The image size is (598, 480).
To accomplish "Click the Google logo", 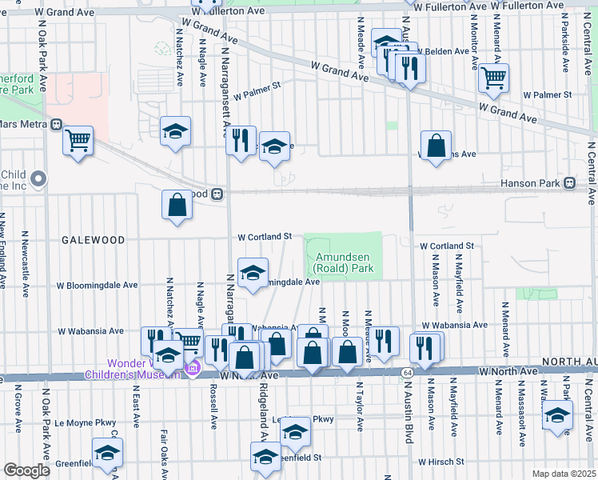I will (27, 470).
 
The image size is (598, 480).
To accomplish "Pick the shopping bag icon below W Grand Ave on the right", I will (436, 146).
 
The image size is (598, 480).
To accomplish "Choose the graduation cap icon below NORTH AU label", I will (557, 415).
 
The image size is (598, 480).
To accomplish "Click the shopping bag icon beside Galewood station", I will (177, 205).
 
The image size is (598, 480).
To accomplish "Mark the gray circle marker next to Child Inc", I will (38, 178).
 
